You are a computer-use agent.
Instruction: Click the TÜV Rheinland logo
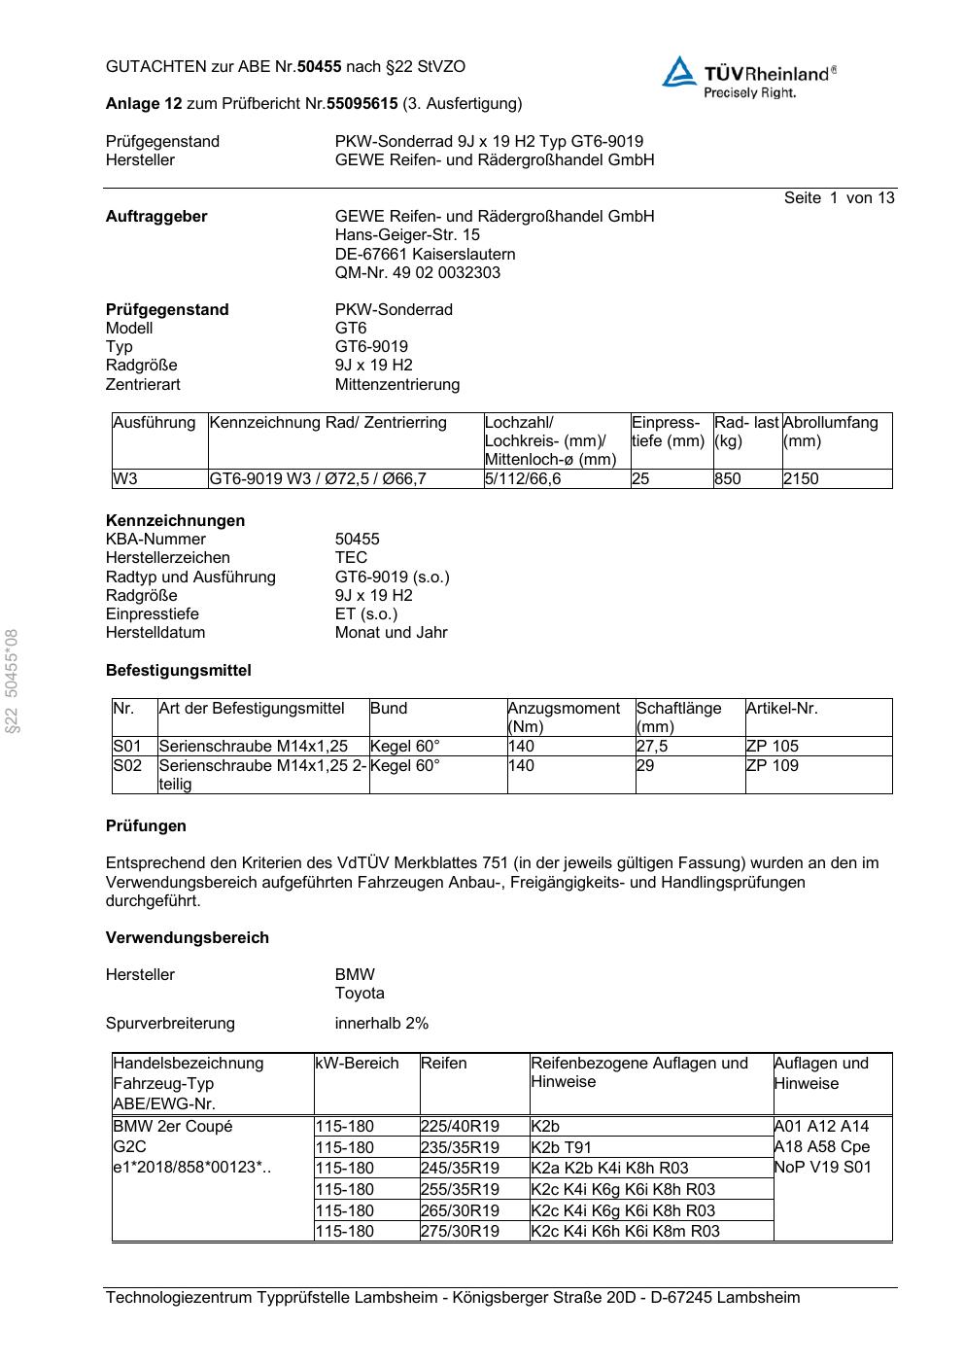[x=748, y=77]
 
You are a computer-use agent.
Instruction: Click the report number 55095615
[x=361, y=103]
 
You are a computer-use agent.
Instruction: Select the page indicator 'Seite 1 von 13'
[x=839, y=198]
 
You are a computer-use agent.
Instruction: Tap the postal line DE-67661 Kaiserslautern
[x=425, y=255]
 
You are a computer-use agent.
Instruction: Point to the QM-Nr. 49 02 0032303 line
[x=417, y=273]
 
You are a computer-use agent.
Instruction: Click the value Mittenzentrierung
[x=396, y=385]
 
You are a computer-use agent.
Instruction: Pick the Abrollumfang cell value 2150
[x=801, y=479]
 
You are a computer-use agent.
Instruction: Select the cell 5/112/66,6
[x=523, y=479]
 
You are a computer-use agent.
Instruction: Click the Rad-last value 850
[x=727, y=479]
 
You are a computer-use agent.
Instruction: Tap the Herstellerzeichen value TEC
[x=351, y=558]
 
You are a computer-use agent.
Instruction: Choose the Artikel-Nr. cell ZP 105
[x=772, y=747]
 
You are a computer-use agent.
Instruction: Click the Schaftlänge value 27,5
[x=652, y=747]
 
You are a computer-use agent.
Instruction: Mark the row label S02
[x=127, y=766]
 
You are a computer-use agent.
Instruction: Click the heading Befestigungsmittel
[x=178, y=671]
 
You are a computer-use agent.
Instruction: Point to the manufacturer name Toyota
[x=360, y=994]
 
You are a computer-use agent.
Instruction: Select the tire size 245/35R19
[x=460, y=1169]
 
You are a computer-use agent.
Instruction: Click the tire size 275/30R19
[x=460, y=1232]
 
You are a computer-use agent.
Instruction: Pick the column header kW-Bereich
[x=357, y=1064]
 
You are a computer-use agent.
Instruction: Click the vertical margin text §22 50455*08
[x=13, y=682]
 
